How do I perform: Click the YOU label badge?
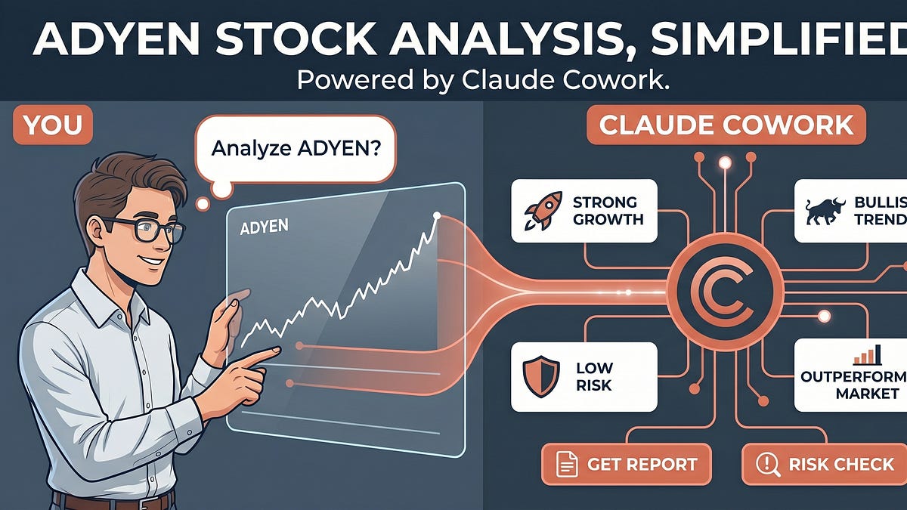[x=52, y=125]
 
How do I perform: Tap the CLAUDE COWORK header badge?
[x=726, y=125]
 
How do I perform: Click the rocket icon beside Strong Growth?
[x=542, y=212]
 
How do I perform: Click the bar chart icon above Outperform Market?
[x=865, y=355]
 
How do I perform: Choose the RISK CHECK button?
[x=825, y=464]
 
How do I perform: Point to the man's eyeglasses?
[x=144, y=228]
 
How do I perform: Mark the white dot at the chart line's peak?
[x=436, y=217]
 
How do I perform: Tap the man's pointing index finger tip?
[x=275, y=350]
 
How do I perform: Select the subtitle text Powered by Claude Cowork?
[x=484, y=80]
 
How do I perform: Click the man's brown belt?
[x=113, y=500]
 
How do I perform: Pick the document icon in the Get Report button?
[x=567, y=465]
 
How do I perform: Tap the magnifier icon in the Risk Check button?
[x=767, y=465]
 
